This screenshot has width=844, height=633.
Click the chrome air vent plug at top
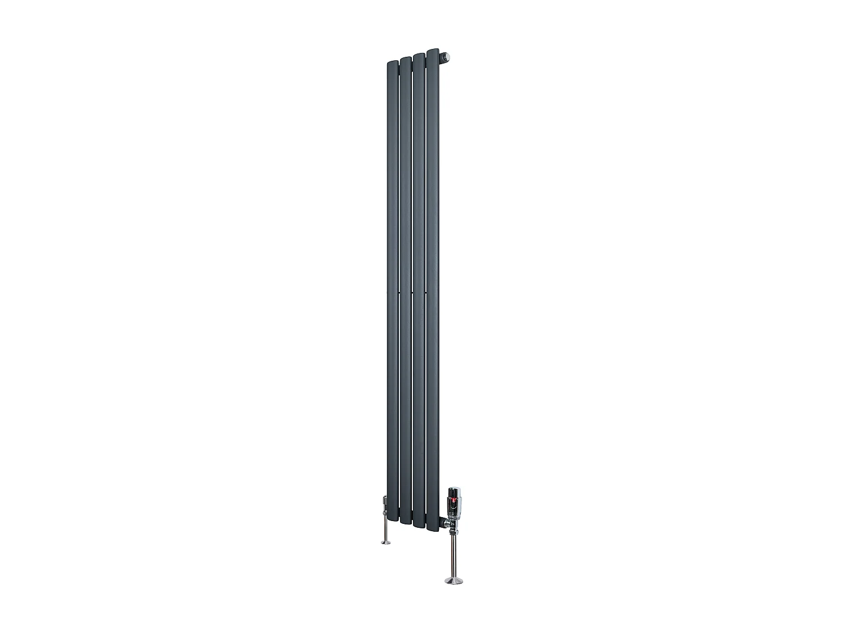(447, 56)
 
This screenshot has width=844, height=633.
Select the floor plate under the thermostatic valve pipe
(454, 581)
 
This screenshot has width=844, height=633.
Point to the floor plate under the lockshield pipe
(386, 542)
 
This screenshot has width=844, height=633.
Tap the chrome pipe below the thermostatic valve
(454, 554)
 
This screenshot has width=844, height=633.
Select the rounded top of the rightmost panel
(433, 52)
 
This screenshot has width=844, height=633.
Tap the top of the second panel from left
(405, 59)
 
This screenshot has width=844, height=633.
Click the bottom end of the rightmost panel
(433, 528)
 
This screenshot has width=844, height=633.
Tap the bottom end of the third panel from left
(419, 524)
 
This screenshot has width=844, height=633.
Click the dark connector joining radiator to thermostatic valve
(442, 522)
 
